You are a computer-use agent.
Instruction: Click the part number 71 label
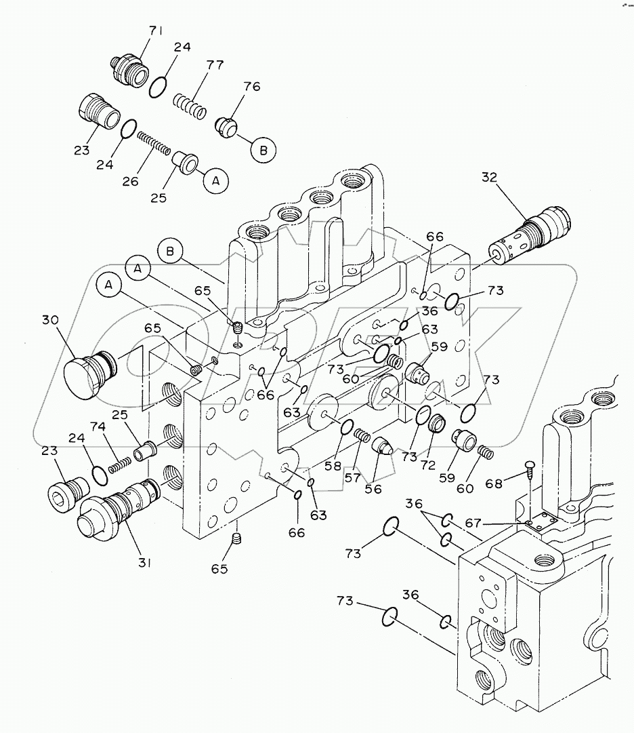point(156,31)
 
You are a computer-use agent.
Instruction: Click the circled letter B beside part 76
point(263,151)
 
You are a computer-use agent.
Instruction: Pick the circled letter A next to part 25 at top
point(215,181)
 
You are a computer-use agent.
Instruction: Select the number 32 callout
point(489,178)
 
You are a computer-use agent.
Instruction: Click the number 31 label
point(144,562)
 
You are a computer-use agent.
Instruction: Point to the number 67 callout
point(473,522)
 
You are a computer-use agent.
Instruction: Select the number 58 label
point(333,466)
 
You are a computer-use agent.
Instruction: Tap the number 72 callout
point(427,464)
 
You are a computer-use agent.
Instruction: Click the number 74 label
point(98,427)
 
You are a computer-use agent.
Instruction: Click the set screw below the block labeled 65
point(236,540)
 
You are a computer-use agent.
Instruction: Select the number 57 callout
point(352,477)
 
